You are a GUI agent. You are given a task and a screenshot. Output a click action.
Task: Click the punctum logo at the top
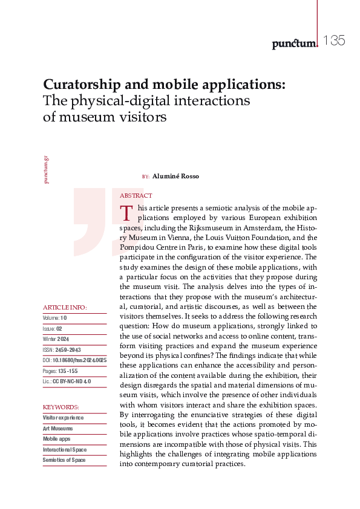coord(294,43)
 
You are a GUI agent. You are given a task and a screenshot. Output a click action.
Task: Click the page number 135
coord(333,41)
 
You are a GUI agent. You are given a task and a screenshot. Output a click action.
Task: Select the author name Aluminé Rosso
coord(175,177)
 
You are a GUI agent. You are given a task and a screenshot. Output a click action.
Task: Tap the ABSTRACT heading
coord(136,196)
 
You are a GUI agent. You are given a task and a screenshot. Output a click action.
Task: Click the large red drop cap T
coord(126,213)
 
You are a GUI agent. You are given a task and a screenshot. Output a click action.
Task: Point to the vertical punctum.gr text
coord(47,169)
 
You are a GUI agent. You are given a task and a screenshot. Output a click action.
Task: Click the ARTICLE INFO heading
coord(65,308)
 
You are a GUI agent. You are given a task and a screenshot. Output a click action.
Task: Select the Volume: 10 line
coord(55,317)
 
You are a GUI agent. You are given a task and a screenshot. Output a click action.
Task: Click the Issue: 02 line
coord(53,328)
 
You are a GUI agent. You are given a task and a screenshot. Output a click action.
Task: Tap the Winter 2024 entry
coord(56,339)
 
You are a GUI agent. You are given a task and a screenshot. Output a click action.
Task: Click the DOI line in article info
coord(74,360)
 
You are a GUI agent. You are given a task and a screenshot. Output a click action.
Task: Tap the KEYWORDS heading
coord(61,407)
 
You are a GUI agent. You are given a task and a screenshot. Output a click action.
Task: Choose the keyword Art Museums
coord(58,428)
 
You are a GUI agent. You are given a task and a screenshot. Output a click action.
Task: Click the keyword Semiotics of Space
coord(64,460)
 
